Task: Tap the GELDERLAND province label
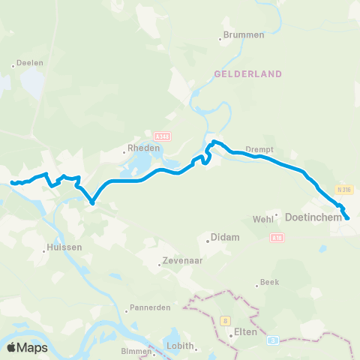pyautogui.click(x=247, y=74)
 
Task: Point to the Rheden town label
pyautogui.click(x=143, y=148)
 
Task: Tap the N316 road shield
pyautogui.click(x=343, y=190)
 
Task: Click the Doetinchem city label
pyautogui.click(x=313, y=217)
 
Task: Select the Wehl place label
pyautogui.click(x=264, y=218)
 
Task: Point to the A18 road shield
pyautogui.click(x=277, y=237)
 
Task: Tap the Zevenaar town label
pyautogui.click(x=180, y=263)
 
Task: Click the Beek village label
pyautogui.click(x=269, y=283)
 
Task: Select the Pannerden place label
pyautogui.click(x=150, y=307)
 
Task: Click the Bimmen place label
pyautogui.click(x=136, y=351)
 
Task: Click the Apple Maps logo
pyautogui.click(x=28, y=348)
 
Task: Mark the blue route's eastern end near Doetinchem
pyautogui.click(x=347, y=218)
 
